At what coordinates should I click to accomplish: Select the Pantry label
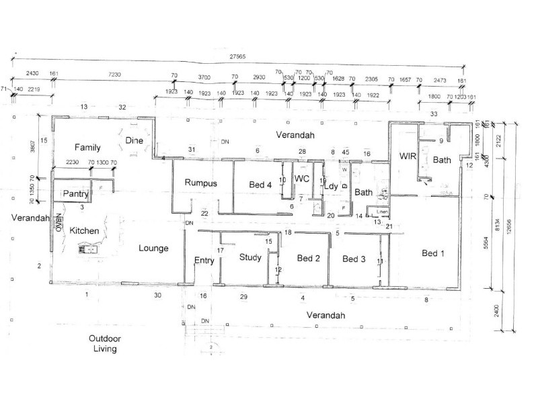click(76, 194)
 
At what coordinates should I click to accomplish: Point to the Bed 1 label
click(433, 253)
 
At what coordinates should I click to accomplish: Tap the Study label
click(251, 257)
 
